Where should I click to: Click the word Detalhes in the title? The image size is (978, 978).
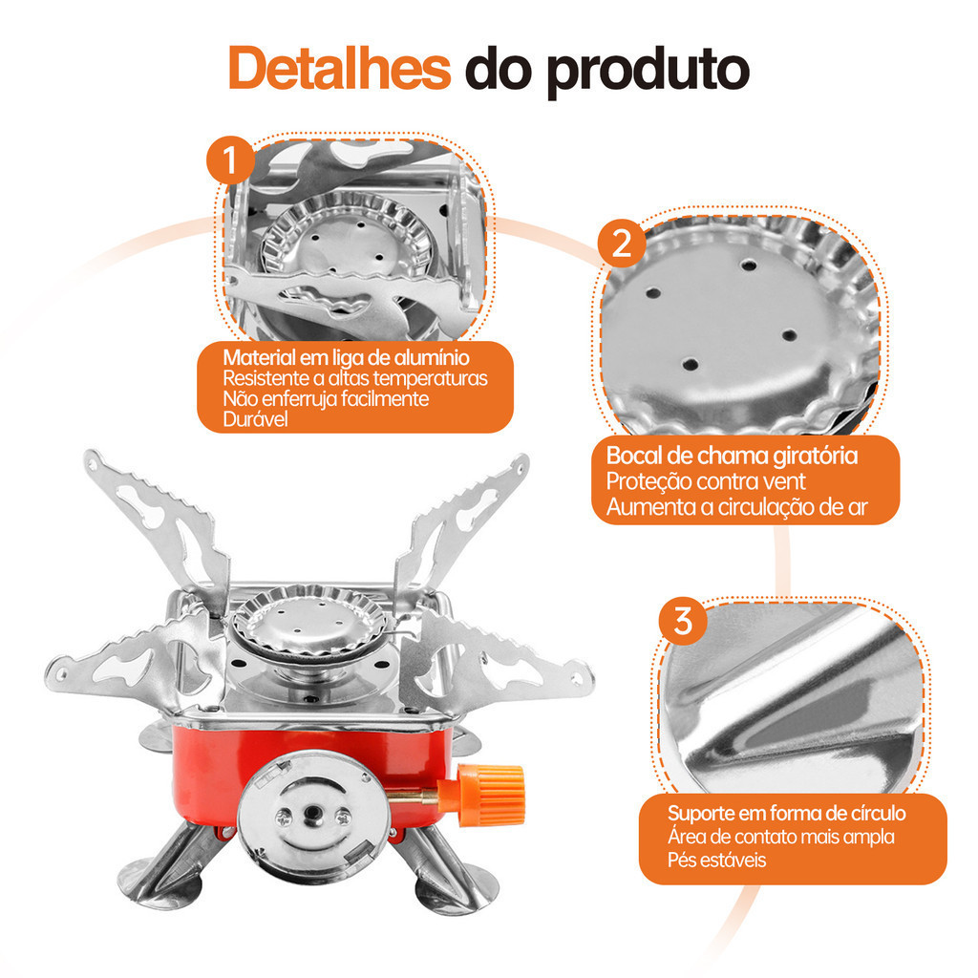coord(339,69)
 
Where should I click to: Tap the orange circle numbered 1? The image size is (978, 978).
coord(231,159)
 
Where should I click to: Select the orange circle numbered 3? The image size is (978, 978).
coord(683,621)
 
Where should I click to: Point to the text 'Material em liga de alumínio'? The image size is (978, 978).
coord(346,357)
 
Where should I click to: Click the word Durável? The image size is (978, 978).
coord(256,419)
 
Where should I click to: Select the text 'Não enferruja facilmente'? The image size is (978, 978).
coord(326,398)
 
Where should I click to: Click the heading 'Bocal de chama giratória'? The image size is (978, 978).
coord(732,456)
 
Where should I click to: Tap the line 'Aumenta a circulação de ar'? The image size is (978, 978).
coord(736,507)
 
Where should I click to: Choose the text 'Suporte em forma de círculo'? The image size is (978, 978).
coord(787,814)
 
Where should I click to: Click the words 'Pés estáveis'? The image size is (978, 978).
coord(716,861)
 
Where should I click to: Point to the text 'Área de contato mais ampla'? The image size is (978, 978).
coord(781,837)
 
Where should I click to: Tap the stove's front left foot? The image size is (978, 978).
coord(163,867)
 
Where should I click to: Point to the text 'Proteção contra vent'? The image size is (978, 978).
coord(706,481)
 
